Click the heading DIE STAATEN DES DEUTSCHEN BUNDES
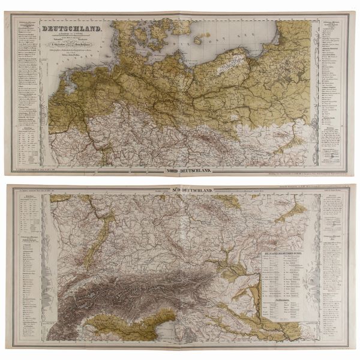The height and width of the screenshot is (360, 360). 287,254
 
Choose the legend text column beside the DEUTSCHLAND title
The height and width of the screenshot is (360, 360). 24,66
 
